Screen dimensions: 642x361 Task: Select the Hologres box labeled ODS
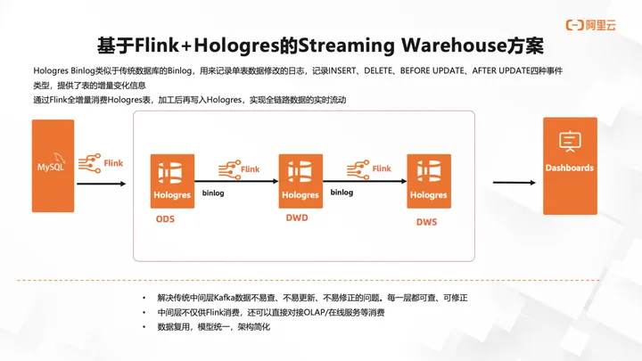click(x=172, y=179)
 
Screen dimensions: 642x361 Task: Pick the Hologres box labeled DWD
click(x=300, y=179)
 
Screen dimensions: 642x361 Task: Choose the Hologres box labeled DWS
click(x=428, y=179)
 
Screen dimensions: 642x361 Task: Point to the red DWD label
click(x=296, y=217)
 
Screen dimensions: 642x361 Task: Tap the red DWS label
click(x=426, y=220)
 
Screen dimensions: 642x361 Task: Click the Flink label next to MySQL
click(x=113, y=163)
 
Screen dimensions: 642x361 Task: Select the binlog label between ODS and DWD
click(x=215, y=193)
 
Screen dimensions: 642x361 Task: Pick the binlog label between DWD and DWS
click(x=342, y=192)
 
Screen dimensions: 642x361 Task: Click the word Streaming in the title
click(x=347, y=45)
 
